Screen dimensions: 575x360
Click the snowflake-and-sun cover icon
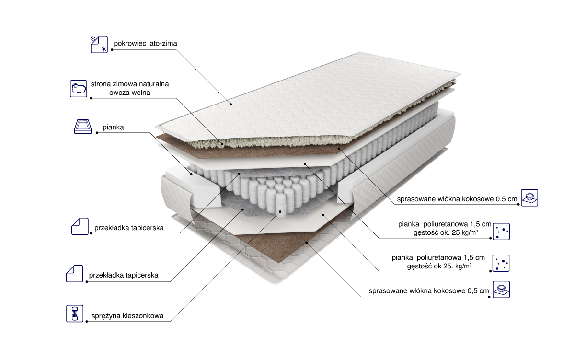click(x=99, y=45)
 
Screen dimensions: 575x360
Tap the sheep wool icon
click(x=79, y=89)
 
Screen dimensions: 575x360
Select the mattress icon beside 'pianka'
click(x=83, y=127)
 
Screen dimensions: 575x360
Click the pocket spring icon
click(x=75, y=314)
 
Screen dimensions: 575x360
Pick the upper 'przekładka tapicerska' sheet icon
click(x=80, y=226)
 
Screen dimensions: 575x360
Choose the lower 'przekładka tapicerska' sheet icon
click(x=75, y=274)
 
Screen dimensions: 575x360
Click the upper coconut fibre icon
click(x=529, y=197)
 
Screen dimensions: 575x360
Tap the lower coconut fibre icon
click(x=501, y=290)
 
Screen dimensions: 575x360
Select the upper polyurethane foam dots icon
click(x=501, y=232)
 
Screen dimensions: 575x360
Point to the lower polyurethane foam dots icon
click(x=501, y=263)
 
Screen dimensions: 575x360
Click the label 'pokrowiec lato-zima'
click(x=145, y=44)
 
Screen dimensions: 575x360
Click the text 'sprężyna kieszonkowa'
click(x=127, y=316)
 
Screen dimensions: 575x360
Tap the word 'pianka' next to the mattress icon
click(x=113, y=127)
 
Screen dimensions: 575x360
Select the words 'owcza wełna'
click(x=130, y=93)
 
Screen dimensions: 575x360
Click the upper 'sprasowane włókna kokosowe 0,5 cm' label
click(x=457, y=199)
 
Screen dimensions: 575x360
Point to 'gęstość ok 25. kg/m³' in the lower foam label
click(x=439, y=266)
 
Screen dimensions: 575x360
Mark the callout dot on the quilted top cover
click(x=231, y=104)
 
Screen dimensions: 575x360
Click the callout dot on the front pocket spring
click(x=280, y=211)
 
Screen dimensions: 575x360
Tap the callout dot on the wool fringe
click(x=222, y=144)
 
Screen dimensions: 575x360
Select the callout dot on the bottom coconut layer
click(x=306, y=242)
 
